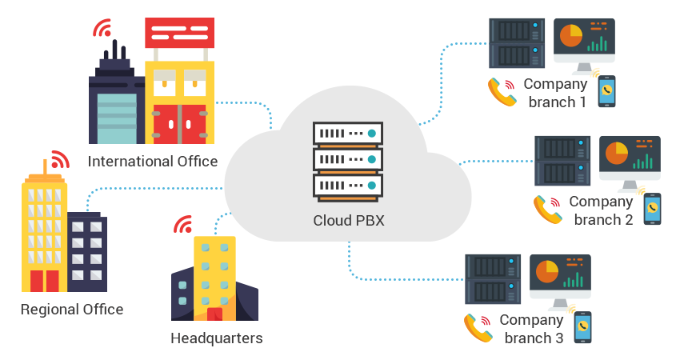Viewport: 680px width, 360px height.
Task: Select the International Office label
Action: [153, 162]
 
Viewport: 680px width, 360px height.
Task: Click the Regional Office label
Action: [72, 310]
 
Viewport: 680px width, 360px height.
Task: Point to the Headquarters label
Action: [216, 338]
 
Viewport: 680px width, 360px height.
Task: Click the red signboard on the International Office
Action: [179, 33]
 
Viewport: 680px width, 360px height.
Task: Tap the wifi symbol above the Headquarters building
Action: [183, 224]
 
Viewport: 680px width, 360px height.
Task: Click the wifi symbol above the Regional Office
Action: [59, 158]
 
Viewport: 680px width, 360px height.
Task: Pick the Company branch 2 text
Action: [601, 210]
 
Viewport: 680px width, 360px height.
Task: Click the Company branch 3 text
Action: [531, 329]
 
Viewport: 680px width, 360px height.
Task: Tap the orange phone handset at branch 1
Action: [502, 92]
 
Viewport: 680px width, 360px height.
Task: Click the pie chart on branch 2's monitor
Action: [617, 152]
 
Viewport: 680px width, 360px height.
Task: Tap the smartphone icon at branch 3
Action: [582, 326]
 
